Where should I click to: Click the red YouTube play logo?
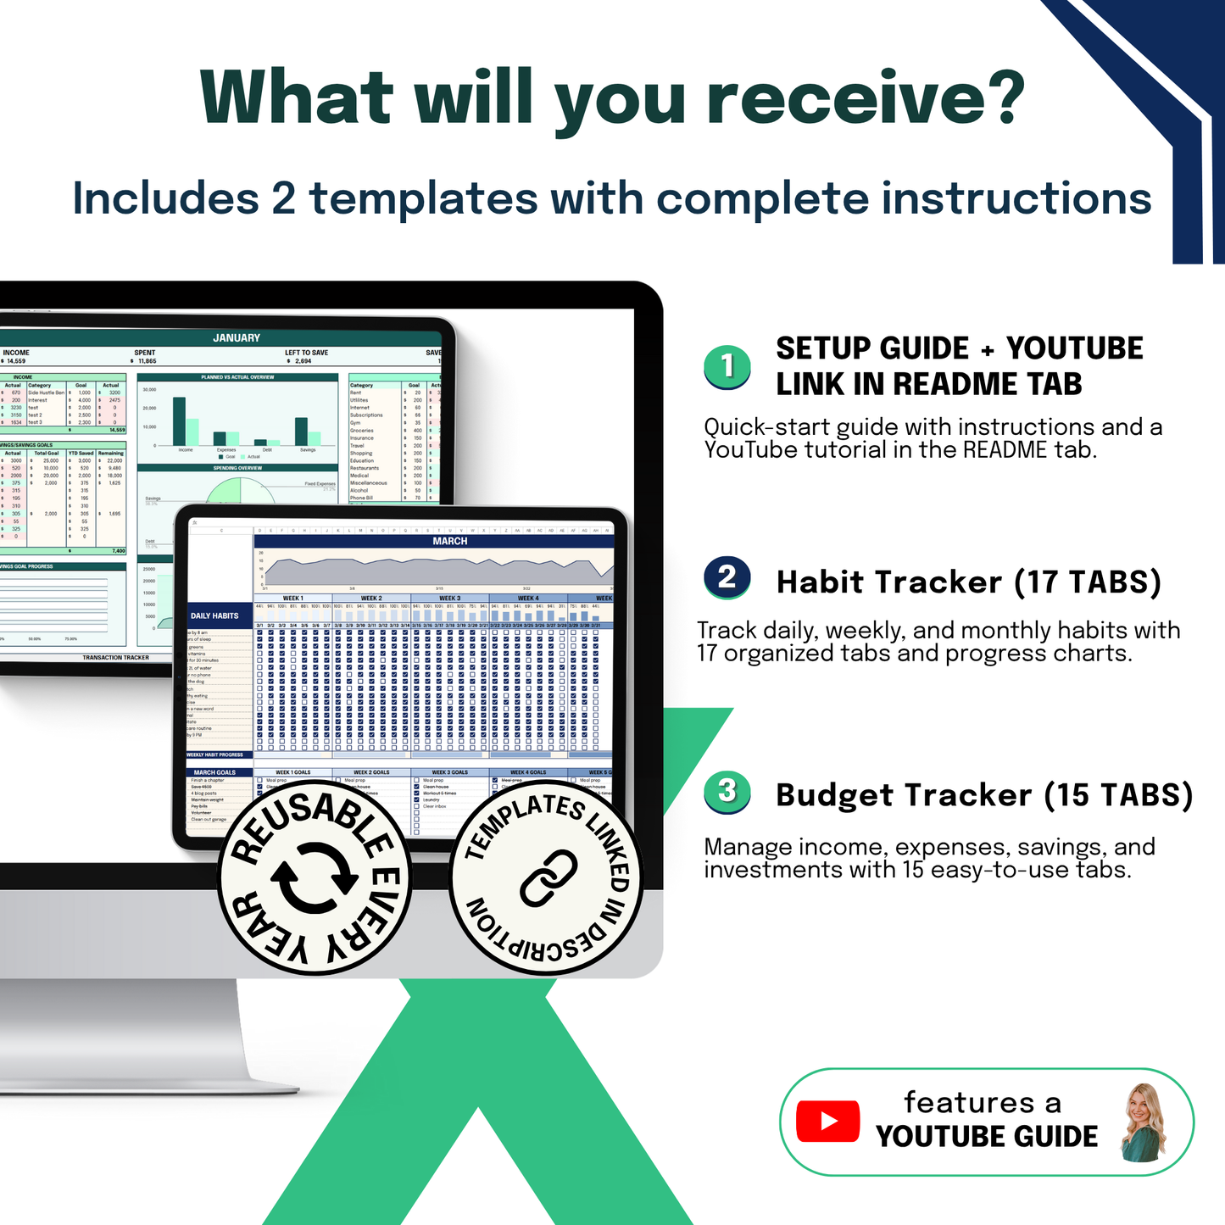tap(827, 1122)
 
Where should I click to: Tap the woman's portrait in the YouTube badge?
tap(1143, 1122)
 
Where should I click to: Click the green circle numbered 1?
tap(727, 366)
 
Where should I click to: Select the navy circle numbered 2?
tap(727, 577)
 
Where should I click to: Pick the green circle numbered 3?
tap(727, 792)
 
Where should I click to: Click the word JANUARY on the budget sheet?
tap(237, 337)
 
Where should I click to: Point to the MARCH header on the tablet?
tap(449, 541)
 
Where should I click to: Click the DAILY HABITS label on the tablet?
tap(214, 615)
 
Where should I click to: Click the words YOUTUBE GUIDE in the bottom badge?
tap(986, 1137)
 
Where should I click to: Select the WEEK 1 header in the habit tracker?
tap(292, 599)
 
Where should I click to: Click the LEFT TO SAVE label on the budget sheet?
tap(306, 353)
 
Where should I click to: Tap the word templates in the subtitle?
tap(423, 199)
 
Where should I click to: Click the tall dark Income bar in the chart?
tap(179, 420)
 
